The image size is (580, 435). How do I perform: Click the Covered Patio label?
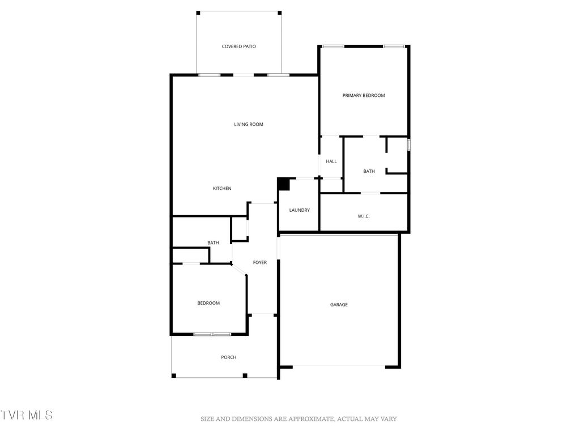(x=238, y=46)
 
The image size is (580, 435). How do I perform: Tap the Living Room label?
(x=249, y=125)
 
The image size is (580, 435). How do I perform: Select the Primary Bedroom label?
(x=364, y=96)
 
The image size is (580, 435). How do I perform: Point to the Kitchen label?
(x=222, y=189)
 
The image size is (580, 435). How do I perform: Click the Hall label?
(x=331, y=161)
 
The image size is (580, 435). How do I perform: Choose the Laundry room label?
(x=300, y=210)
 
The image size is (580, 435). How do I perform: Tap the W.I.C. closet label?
(x=364, y=216)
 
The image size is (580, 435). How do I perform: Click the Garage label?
(x=339, y=305)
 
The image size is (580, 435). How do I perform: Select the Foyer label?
(x=260, y=263)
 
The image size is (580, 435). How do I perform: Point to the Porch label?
(x=229, y=357)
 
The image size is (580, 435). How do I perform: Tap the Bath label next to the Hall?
(x=369, y=172)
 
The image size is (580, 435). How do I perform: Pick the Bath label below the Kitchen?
(x=213, y=243)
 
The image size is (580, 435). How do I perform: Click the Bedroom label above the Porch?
(x=208, y=303)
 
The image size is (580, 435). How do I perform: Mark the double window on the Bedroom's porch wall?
(x=212, y=334)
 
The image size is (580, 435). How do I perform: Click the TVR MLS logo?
(x=27, y=415)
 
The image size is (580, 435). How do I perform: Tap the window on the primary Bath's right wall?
(x=408, y=145)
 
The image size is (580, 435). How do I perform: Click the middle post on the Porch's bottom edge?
(x=245, y=376)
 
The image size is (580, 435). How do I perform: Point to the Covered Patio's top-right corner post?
(x=280, y=12)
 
